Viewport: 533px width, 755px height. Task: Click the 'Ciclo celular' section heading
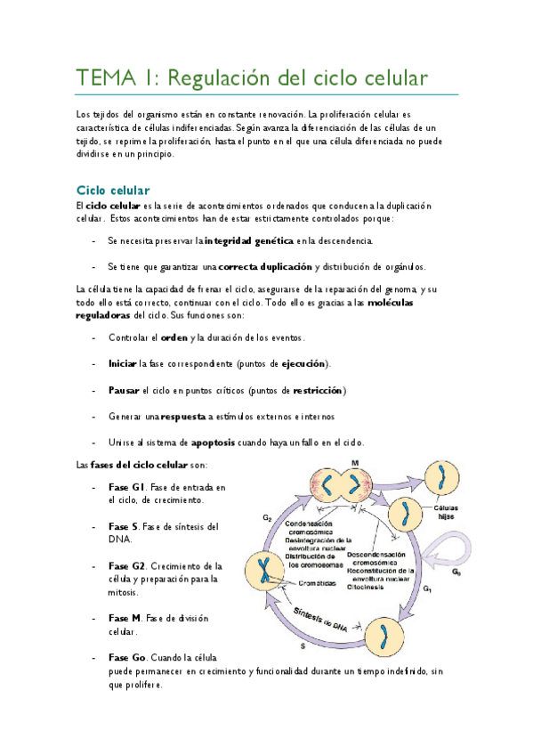click(x=113, y=190)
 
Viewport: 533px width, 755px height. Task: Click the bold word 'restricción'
click(x=318, y=390)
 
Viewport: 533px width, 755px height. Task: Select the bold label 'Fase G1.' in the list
click(x=127, y=487)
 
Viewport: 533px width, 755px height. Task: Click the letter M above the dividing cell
click(x=354, y=464)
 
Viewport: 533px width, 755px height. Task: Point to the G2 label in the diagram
click(x=266, y=517)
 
